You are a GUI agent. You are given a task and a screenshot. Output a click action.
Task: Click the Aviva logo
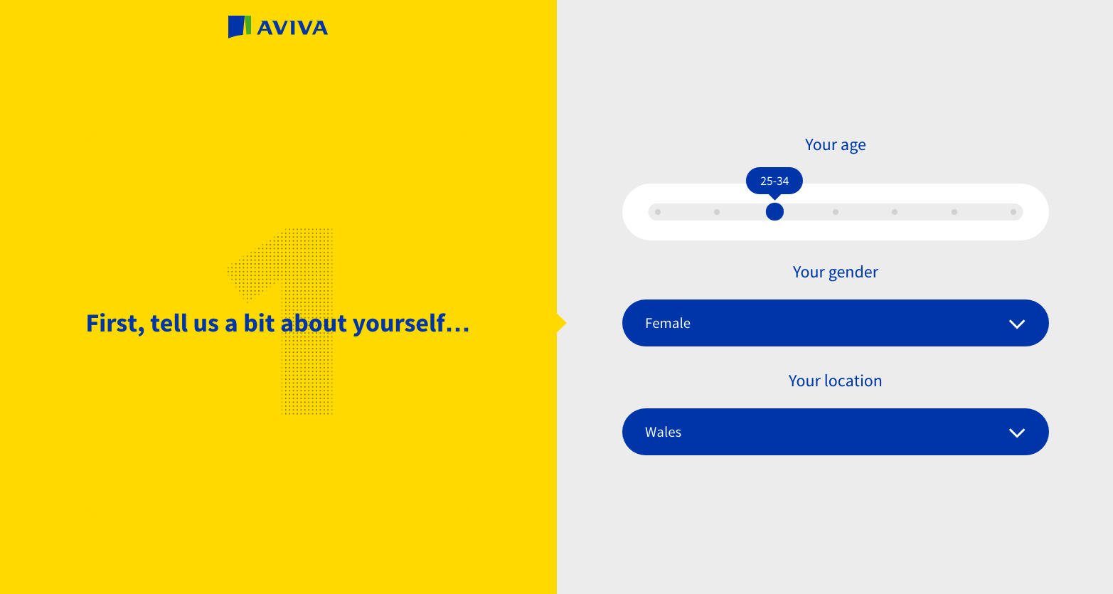(278, 27)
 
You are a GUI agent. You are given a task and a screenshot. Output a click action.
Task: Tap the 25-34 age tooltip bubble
(774, 181)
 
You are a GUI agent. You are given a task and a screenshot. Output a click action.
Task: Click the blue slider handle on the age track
(774, 212)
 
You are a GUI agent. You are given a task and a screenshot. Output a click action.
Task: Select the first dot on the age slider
(658, 212)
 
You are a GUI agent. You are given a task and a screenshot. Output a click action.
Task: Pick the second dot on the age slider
(716, 212)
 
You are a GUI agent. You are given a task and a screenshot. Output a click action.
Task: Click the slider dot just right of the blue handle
(836, 212)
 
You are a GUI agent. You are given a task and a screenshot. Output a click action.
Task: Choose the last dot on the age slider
(1013, 212)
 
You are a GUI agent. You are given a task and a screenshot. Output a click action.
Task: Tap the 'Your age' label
(835, 144)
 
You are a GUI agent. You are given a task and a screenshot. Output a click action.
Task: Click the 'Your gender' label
(835, 272)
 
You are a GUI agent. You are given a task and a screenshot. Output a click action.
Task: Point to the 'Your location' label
(835, 381)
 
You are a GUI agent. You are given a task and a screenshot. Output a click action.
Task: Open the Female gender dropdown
(835, 323)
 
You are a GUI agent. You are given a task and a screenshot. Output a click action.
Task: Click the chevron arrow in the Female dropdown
(1017, 324)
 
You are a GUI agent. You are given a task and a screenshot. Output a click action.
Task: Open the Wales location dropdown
(835, 432)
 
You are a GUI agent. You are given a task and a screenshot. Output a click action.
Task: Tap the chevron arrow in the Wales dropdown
(1017, 433)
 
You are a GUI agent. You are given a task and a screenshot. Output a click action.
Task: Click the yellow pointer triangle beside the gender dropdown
(562, 323)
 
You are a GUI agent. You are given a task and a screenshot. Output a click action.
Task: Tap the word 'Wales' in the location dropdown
(664, 432)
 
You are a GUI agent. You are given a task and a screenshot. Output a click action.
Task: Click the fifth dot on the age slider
(895, 212)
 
